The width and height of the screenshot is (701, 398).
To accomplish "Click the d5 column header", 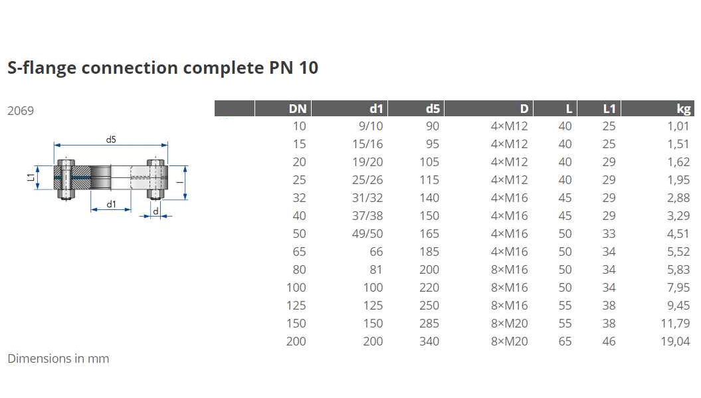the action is tap(433, 109).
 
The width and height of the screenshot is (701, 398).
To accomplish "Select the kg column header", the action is tap(684, 109).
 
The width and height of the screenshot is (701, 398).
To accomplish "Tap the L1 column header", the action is tap(609, 109).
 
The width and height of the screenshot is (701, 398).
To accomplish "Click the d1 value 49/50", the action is tap(367, 234).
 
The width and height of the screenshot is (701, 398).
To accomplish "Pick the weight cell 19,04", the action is tap(675, 342).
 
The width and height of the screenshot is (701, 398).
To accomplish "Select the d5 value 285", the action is tap(429, 324).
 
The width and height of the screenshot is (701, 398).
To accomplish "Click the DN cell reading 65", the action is tap(299, 252).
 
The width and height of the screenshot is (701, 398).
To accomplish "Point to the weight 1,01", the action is tap(678, 126).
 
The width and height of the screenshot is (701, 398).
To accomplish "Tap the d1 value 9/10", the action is tap(371, 126).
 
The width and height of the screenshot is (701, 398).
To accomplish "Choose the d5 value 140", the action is tap(429, 198).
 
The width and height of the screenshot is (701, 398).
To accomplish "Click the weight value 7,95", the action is tap(678, 288).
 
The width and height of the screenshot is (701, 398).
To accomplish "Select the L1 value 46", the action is tap(609, 342).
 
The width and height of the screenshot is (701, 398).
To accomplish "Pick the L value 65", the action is tap(565, 342).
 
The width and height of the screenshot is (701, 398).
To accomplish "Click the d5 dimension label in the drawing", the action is tap(111, 140).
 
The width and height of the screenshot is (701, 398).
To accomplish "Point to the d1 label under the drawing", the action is tap(112, 205).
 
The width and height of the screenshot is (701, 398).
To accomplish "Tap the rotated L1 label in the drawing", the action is tap(31, 177).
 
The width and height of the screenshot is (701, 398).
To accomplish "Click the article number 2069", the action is tap(21, 111).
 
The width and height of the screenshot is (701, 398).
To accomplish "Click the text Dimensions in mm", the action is tap(58, 359).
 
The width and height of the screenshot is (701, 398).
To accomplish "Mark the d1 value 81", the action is tap(376, 270).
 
